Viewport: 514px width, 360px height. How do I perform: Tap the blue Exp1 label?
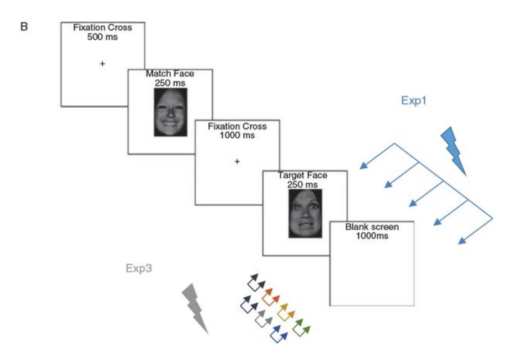click(x=414, y=102)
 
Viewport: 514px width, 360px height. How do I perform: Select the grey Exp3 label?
click(x=139, y=270)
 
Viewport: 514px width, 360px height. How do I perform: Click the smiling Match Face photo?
click(x=170, y=112)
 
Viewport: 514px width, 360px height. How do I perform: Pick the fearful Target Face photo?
click(x=305, y=213)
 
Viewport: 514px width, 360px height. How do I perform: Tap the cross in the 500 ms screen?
click(x=102, y=64)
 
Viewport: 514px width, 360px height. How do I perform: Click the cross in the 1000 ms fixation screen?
click(x=237, y=162)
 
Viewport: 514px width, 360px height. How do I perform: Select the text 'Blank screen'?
click(x=366, y=228)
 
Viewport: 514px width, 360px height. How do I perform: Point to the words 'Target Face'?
click(x=305, y=176)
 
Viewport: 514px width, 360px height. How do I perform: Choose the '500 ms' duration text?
click(x=102, y=37)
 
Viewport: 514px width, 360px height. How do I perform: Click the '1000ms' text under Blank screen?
click(x=366, y=235)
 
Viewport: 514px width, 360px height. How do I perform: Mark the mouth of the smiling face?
click(x=170, y=122)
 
